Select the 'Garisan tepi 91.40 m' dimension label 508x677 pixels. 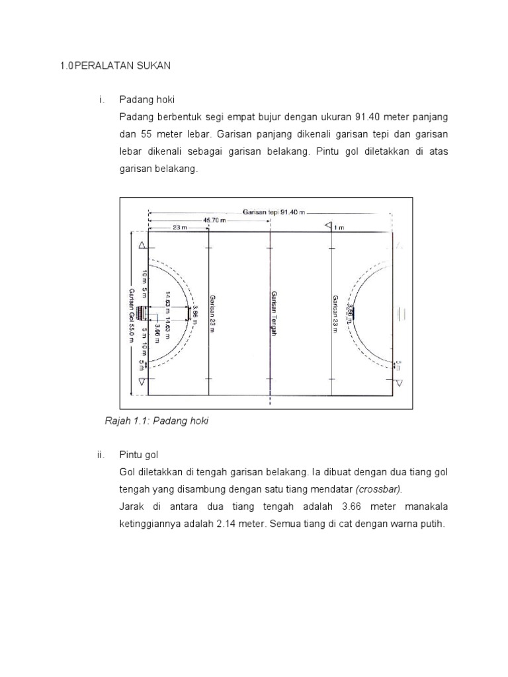(x=275, y=212)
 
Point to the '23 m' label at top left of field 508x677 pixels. (x=179, y=227)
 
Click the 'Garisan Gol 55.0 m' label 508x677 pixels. (x=132, y=315)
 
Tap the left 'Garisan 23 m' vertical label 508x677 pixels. (x=212, y=315)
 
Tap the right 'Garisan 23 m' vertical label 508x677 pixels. (x=335, y=315)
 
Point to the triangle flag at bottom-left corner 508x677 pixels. (x=142, y=382)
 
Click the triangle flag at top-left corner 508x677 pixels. (x=142, y=245)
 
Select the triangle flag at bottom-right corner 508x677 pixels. (x=398, y=382)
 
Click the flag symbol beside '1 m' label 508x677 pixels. (x=328, y=226)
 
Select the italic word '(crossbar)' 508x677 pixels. (x=378, y=490)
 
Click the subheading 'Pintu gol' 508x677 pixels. (x=139, y=456)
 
